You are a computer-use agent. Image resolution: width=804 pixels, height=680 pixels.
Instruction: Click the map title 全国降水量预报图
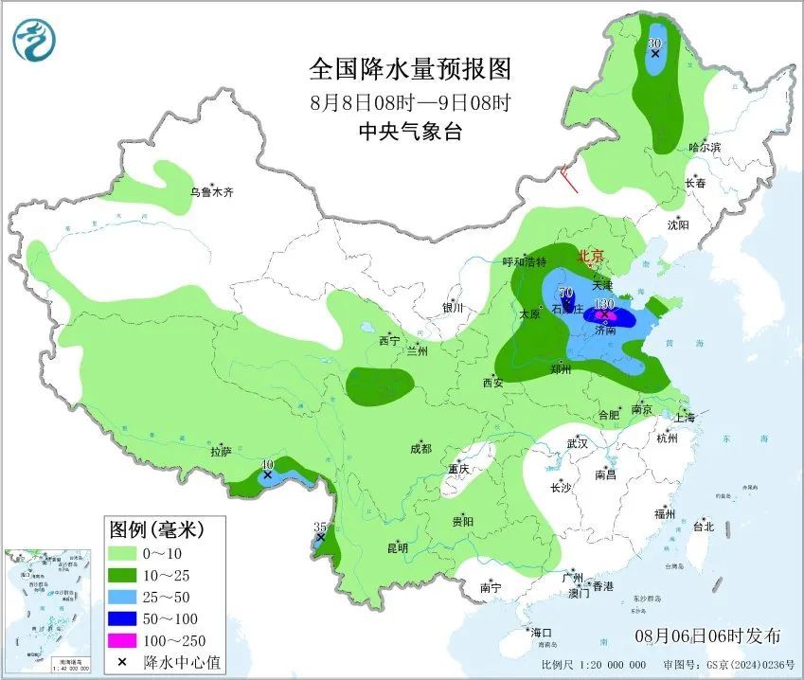tap(410, 69)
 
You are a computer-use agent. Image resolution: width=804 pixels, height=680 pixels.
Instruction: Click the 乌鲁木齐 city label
tap(210, 192)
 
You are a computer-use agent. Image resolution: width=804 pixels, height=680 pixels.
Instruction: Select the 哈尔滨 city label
tap(705, 148)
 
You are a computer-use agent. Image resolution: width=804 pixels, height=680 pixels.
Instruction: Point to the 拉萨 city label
tap(221, 452)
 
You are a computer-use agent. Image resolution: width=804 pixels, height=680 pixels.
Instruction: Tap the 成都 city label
tap(420, 448)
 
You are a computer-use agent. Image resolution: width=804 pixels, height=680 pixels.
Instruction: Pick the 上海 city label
tap(685, 417)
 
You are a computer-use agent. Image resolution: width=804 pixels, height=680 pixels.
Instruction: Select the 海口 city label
tap(541, 632)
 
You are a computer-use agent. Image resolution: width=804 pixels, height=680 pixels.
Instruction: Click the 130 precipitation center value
tap(602, 305)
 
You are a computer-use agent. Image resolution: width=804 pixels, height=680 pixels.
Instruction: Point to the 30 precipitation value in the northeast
tap(653, 44)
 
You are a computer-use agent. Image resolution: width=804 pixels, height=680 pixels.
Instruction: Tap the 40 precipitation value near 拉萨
tap(268, 464)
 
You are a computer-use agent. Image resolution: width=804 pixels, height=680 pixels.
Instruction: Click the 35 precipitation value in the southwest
tap(319, 527)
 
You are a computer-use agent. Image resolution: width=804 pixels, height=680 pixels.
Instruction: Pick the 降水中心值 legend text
tap(182, 662)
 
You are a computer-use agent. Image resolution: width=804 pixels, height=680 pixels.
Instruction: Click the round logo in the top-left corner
tap(35, 39)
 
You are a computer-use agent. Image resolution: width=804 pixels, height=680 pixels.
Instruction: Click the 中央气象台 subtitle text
tap(410, 133)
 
